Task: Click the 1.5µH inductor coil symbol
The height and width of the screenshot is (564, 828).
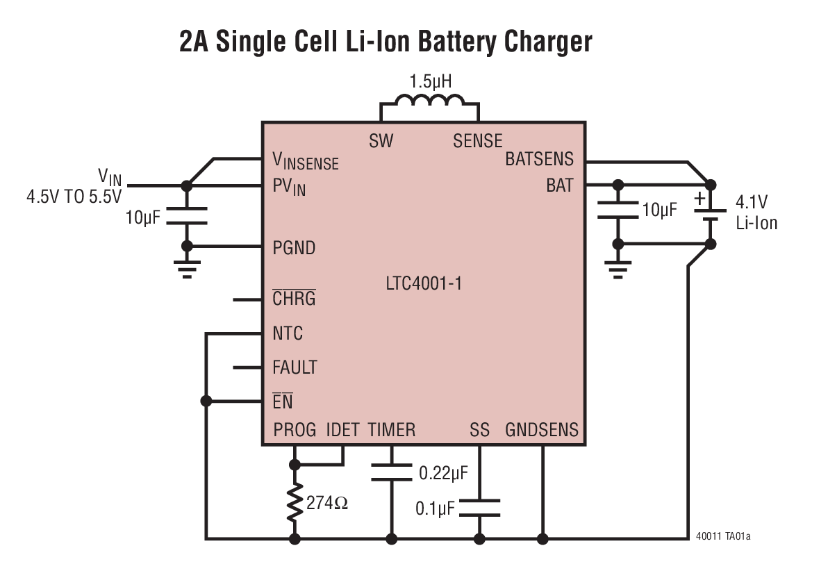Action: click(x=429, y=103)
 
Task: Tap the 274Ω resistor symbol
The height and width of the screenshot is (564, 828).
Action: click(x=295, y=501)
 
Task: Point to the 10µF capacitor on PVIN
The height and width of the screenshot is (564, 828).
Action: click(x=186, y=216)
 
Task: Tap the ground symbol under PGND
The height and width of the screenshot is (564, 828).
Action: click(x=186, y=269)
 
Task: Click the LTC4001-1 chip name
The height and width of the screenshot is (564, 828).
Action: click(x=424, y=284)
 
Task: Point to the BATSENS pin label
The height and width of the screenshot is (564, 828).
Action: click(x=539, y=159)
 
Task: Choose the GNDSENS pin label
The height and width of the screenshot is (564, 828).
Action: click(x=542, y=430)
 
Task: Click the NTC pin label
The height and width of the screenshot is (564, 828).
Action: click(x=288, y=333)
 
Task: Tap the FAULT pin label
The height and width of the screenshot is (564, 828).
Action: click(x=295, y=367)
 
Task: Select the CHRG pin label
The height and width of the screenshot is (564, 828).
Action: click(x=294, y=299)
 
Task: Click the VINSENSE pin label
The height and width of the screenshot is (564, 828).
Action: click(x=306, y=162)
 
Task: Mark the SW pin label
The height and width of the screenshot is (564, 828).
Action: click(x=381, y=141)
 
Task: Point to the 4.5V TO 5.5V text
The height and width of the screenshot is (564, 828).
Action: click(x=74, y=197)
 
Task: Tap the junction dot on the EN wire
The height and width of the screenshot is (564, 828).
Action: click(x=206, y=401)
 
